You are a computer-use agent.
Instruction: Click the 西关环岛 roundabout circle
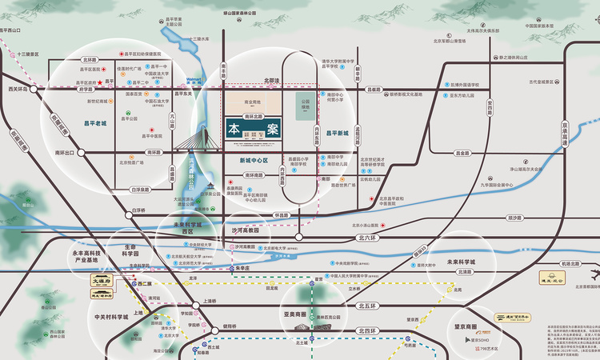[35, 90]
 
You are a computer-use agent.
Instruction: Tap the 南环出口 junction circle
[78, 152]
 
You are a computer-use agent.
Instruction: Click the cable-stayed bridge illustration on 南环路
[199, 142]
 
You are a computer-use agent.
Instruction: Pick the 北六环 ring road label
[367, 238]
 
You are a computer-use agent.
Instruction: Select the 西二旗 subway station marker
[134, 284]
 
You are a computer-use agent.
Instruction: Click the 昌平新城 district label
[340, 133]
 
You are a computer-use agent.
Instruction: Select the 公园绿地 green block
[305, 106]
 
